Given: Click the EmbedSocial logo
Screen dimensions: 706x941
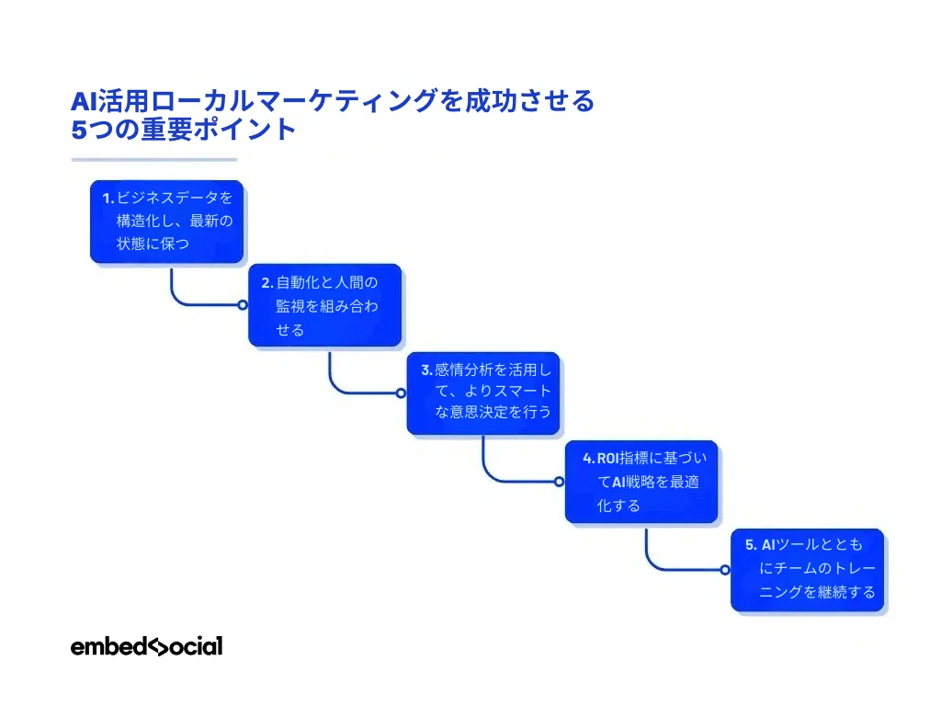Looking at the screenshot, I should click(x=146, y=646).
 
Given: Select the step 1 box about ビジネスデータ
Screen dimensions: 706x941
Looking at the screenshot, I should click(x=167, y=221).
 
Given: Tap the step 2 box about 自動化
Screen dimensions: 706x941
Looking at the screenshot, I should click(x=325, y=305).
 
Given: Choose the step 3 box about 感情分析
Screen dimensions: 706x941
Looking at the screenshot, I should click(x=483, y=393).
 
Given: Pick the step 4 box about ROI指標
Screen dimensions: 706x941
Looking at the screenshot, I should click(x=641, y=482).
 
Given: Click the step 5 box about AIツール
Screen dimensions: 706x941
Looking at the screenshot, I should click(x=808, y=569).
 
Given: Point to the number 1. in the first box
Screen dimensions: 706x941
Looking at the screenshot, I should click(x=108, y=198).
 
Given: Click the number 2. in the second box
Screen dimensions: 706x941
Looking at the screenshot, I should click(x=266, y=283).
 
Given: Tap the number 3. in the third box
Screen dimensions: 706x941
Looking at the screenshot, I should click(x=426, y=370).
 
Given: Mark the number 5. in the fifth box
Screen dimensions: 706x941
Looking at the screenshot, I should click(x=750, y=544).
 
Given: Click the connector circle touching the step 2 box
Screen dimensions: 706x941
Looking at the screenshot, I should click(x=243, y=304).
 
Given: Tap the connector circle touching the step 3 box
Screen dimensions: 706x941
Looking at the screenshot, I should click(x=401, y=393).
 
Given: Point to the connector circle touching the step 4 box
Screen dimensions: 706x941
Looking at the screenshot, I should click(x=559, y=481).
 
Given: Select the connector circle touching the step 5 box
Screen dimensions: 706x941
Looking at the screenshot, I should click(x=725, y=569).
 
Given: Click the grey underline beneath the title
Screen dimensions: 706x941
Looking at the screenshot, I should click(x=154, y=159).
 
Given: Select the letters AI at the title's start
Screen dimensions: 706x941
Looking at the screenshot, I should click(x=84, y=100).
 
